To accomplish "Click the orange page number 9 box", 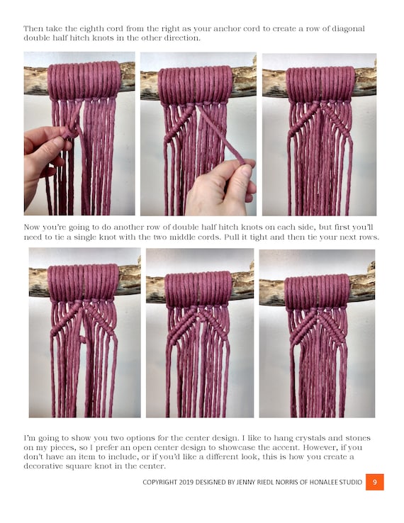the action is pos(375,482).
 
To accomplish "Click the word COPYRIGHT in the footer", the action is pos(159,483).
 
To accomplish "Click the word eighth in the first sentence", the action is pos(91,28).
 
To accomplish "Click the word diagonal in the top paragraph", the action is pos(348,29).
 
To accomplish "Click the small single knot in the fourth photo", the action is pos(82,339).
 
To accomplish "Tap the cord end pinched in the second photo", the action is pos(241,161).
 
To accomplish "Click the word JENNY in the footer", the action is pos(245,483).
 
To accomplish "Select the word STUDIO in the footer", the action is pos(351,483).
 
